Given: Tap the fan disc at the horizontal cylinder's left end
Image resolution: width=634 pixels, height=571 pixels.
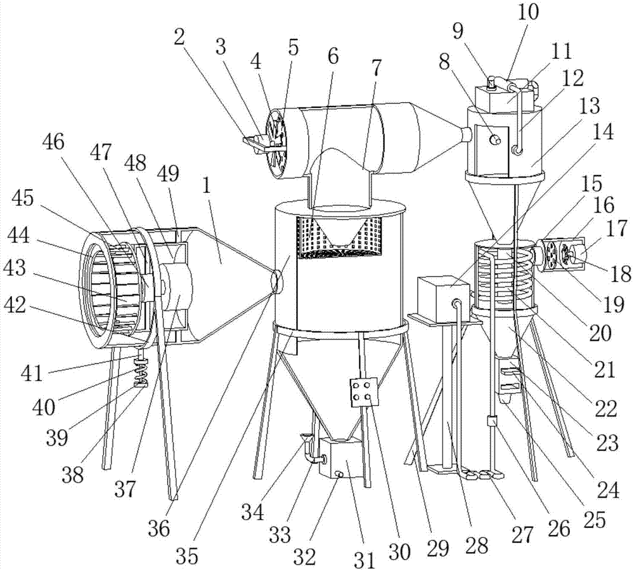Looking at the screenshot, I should (276, 143).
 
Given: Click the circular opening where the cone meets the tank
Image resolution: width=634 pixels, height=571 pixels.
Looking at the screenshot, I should (276, 282).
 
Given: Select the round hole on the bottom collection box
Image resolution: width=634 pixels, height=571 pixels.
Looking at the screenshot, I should (338, 473).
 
